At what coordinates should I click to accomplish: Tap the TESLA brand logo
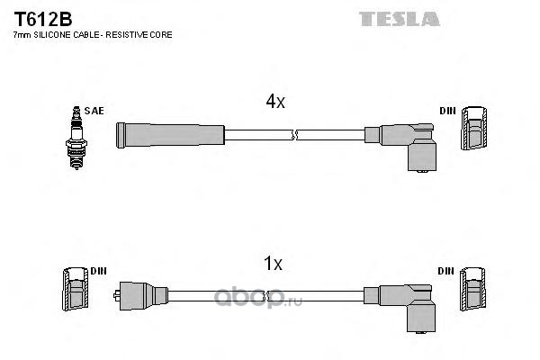point(400,18)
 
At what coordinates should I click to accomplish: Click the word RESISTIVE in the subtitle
point(132,34)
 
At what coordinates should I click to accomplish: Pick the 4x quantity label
point(274,102)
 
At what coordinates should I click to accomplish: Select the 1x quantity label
point(273,264)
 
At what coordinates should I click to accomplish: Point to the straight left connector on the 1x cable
point(145,295)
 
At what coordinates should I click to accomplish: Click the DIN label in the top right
point(447,111)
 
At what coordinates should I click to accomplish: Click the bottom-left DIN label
point(98,271)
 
